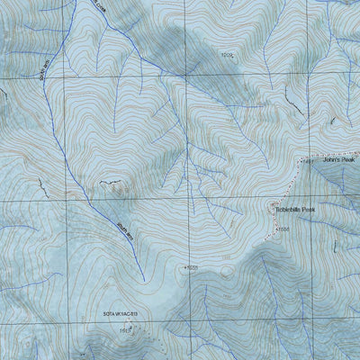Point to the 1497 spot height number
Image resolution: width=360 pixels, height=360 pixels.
point(307,162)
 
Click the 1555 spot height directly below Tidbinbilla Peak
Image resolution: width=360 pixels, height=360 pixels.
point(282,230)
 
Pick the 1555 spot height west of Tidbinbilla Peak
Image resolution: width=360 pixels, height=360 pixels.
point(191,267)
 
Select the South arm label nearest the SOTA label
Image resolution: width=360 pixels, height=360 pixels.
point(124,220)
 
